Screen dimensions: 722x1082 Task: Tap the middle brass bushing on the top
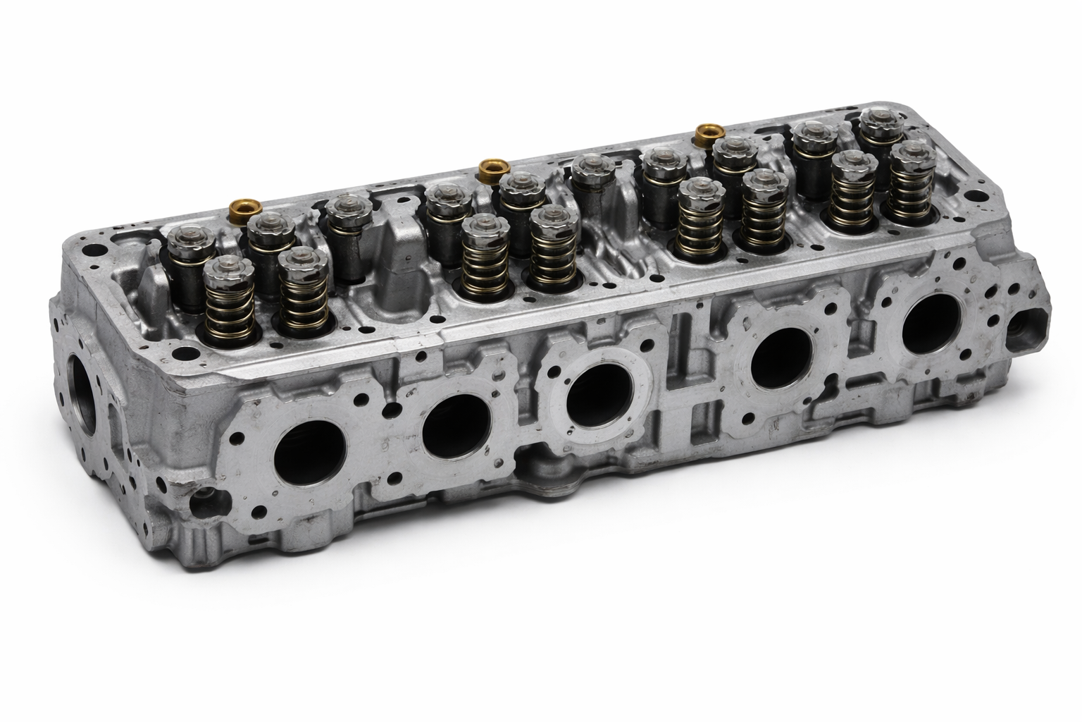tap(488, 168)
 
